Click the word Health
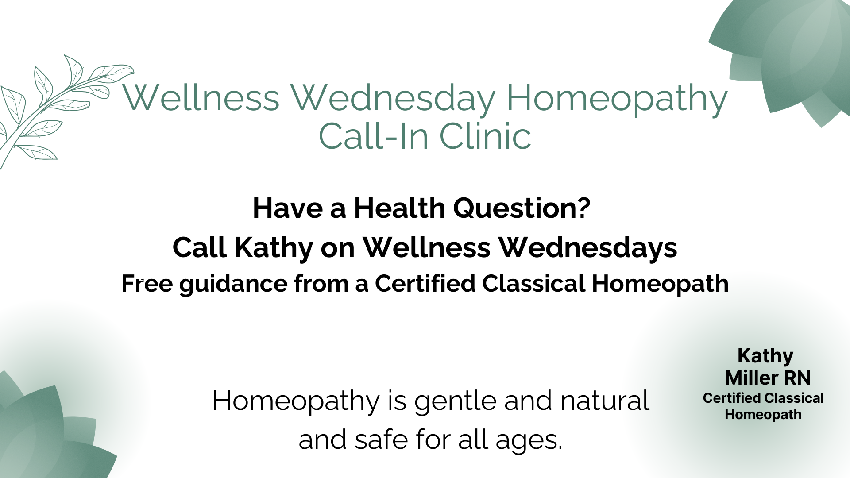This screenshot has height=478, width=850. tap(399, 208)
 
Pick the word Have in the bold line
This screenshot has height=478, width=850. tap(287, 208)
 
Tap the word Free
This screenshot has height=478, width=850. tap(147, 284)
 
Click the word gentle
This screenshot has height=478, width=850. tap(455, 401)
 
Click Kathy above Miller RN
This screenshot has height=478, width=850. tap(765, 356)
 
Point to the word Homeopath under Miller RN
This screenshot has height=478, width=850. tap(763, 415)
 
